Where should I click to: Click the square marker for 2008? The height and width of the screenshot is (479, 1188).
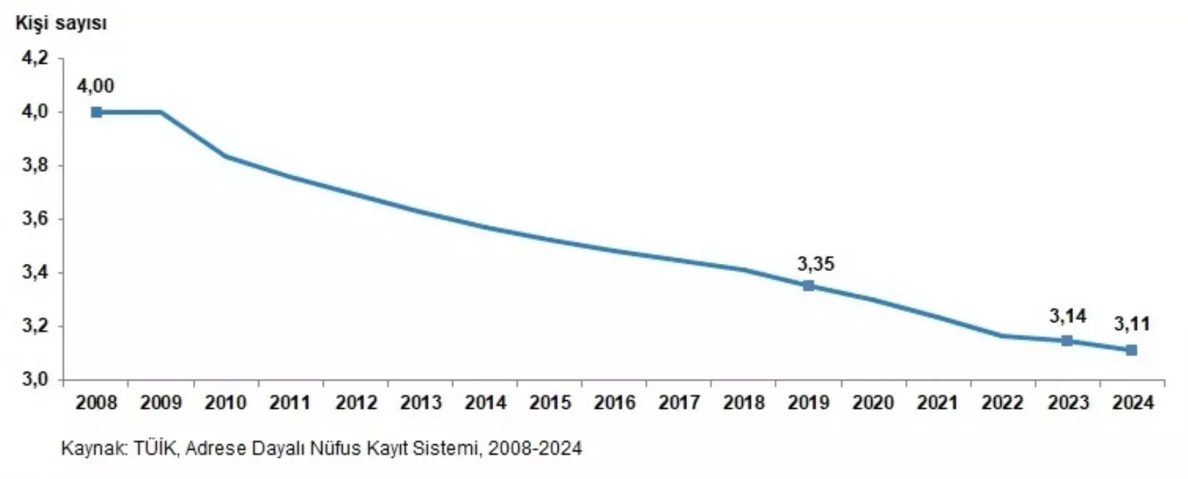(97, 112)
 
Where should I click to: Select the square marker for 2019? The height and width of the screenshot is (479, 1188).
(808, 286)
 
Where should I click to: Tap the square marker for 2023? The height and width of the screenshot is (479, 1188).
(1067, 341)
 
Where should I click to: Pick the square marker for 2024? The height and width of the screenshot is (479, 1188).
(1131, 350)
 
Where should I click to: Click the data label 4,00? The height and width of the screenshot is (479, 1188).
(95, 87)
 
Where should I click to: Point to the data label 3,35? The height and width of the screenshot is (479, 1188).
(815, 265)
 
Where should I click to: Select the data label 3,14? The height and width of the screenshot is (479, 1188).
(1067, 316)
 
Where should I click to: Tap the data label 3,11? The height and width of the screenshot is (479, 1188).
(1131, 325)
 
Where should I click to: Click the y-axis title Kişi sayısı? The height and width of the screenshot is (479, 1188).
(61, 23)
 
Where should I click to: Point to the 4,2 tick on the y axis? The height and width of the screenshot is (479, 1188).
(35, 58)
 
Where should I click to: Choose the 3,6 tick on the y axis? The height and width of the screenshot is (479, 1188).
(35, 219)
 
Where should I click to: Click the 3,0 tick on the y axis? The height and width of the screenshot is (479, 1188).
(35, 380)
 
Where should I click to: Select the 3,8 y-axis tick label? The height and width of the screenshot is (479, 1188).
(35, 166)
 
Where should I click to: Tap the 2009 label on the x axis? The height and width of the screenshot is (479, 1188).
(161, 403)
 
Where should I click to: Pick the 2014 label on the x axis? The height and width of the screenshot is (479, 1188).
(485, 403)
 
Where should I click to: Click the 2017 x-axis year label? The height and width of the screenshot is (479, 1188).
(679, 403)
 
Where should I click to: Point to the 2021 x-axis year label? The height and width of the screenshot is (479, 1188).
(937, 403)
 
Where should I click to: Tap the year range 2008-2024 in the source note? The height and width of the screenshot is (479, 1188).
(535, 449)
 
